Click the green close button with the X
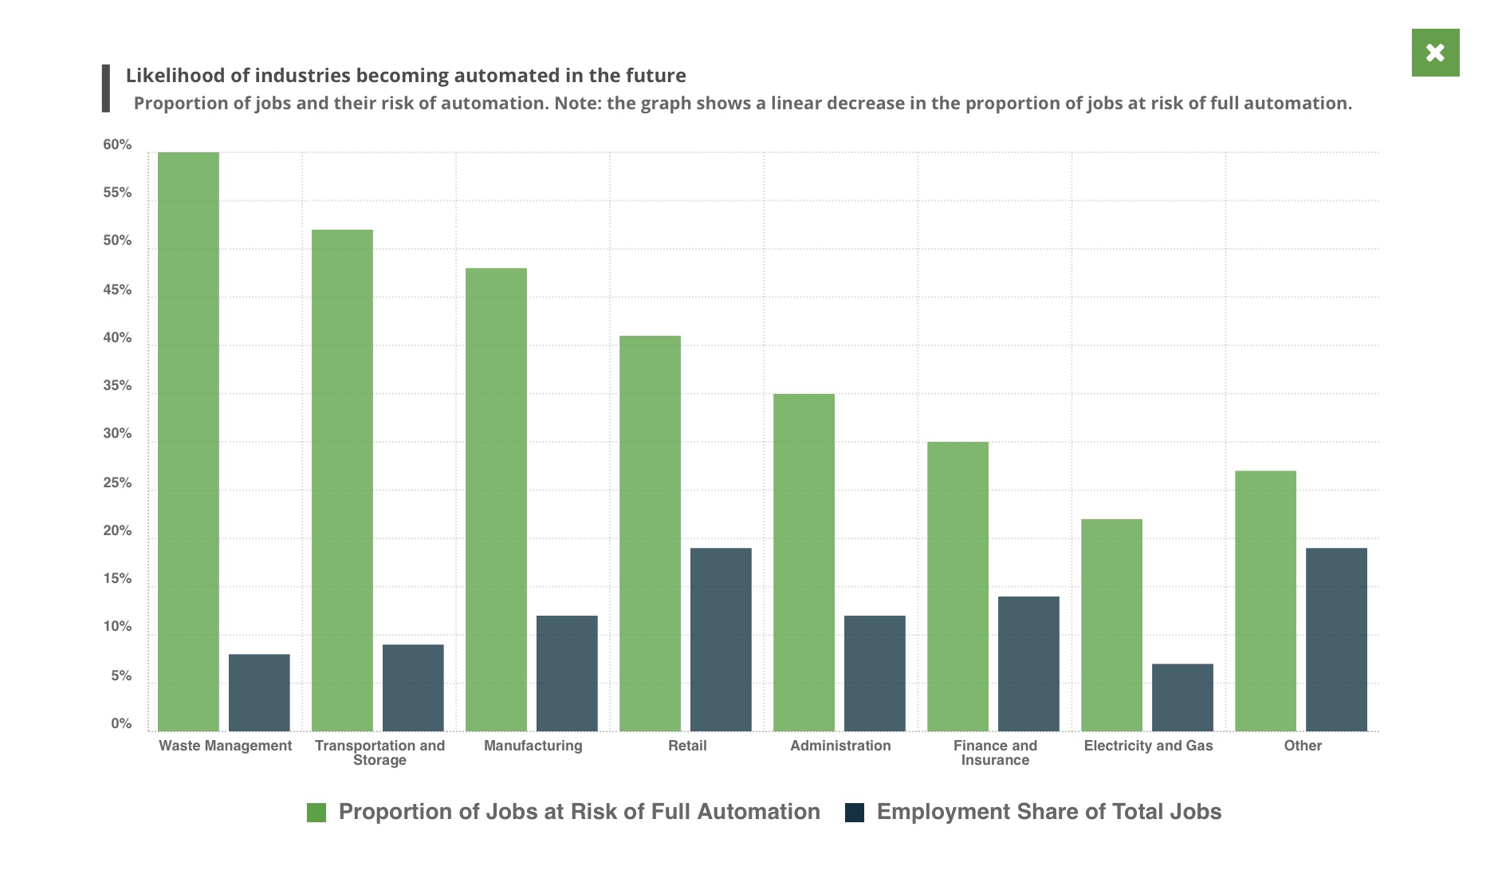[1435, 53]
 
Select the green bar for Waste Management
[188, 441]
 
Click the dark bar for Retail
[721, 639]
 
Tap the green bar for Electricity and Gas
[1111, 624]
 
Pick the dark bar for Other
[1336, 639]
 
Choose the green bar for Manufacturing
[496, 499]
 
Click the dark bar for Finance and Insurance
[1028, 664]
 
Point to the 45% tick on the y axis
[117, 289]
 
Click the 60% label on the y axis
[117, 145]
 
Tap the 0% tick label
[121, 723]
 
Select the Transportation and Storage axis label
[379, 752]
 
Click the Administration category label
[840, 746]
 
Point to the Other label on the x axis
[1303, 746]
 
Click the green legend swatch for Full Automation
[317, 813]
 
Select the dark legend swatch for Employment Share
[855, 813]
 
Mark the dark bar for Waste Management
[259, 692]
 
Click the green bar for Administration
[804, 562]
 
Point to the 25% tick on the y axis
[117, 483]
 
